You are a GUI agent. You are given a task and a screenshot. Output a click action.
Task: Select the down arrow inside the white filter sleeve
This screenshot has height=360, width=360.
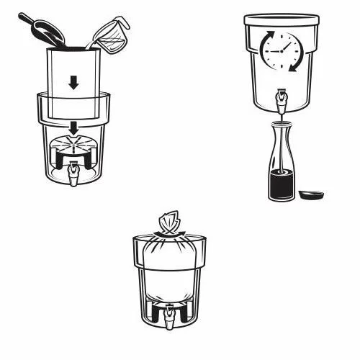(73, 83)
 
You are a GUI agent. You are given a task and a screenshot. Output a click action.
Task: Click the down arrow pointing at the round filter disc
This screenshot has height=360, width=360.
(73, 128)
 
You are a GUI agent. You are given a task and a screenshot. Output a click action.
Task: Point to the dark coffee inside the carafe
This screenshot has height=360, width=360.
(279, 184)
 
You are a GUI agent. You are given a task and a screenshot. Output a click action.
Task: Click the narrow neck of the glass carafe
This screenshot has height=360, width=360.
(279, 133)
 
